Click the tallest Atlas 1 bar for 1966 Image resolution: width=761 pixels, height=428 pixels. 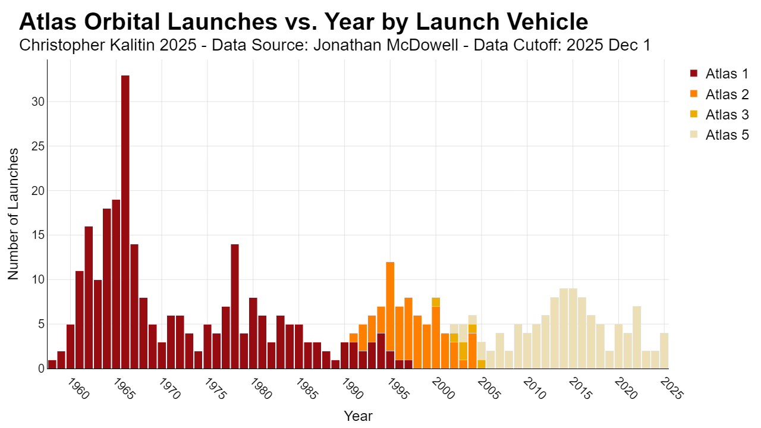(x=125, y=222)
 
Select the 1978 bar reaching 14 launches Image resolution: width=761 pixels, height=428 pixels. (x=235, y=306)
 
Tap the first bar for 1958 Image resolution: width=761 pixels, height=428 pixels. (x=52, y=364)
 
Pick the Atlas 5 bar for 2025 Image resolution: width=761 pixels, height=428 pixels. (x=664, y=351)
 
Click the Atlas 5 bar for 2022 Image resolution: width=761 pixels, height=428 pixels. (x=637, y=338)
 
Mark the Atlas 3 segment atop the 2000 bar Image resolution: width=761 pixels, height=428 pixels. (x=436, y=302)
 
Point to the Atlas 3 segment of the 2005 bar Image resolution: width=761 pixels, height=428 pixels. (x=482, y=364)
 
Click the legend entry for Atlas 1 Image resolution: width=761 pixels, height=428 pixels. (x=719, y=74)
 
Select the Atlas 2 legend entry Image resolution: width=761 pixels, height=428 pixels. (x=719, y=94)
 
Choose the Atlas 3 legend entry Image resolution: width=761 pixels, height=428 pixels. (x=719, y=115)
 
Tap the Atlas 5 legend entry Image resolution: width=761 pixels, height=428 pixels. (x=719, y=135)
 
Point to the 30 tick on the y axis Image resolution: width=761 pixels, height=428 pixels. (x=38, y=102)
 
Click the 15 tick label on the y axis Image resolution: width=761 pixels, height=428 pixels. (x=38, y=235)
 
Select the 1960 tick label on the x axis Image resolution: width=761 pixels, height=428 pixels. (x=78, y=389)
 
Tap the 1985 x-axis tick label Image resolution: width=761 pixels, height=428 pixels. (x=307, y=389)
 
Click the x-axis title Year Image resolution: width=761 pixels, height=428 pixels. (x=358, y=416)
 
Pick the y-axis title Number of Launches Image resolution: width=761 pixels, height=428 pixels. (x=13, y=214)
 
